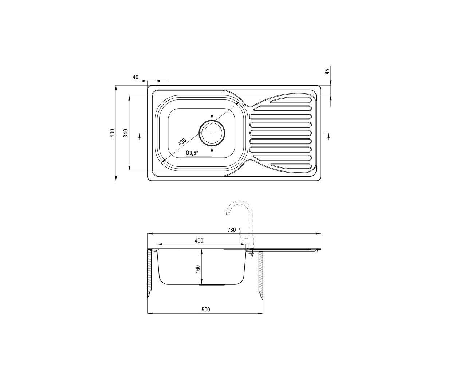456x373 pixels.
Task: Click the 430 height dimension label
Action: pyautogui.click(x=112, y=133)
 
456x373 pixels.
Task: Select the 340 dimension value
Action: pyautogui.click(x=126, y=133)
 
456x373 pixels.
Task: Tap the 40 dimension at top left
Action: pyautogui.click(x=135, y=77)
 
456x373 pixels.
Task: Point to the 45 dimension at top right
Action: pyautogui.click(x=327, y=71)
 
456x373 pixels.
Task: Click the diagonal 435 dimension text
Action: pyautogui.click(x=182, y=141)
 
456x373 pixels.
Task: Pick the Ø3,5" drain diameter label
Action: pyautogui.click(x=192, y=153)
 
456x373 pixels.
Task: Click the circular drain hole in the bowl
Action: pyautogui.click(x=212, y=132)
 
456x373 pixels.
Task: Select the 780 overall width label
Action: pyautogui.click(x=232, y=230)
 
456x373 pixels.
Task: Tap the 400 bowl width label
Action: pyautogui.click(x=199, y=240)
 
